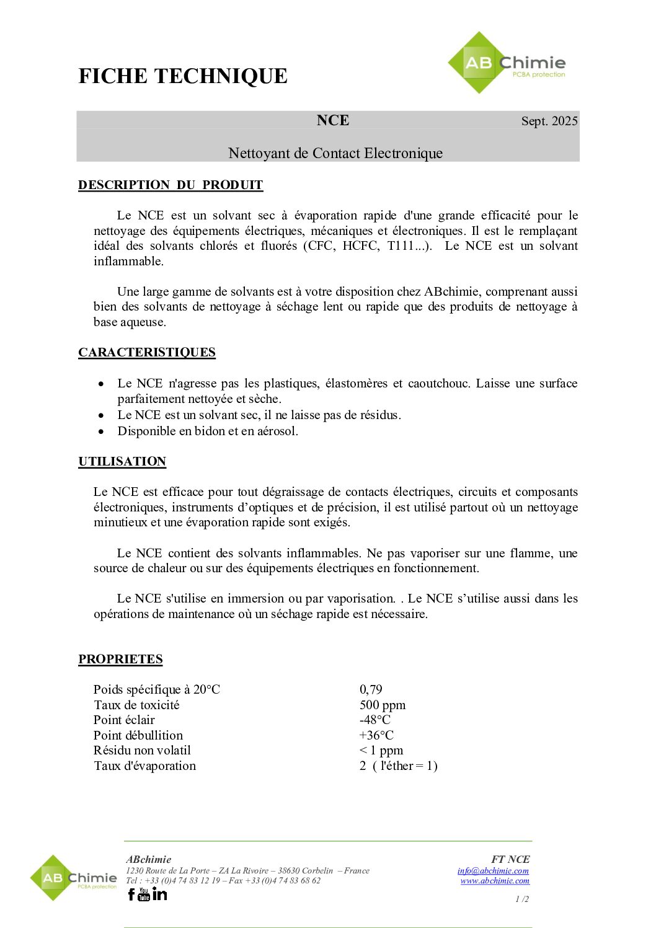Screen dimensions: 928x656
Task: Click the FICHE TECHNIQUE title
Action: pyautogui.click(x=183, y=76)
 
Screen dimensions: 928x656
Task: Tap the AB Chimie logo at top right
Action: pyautogui.click(x=507, y=63)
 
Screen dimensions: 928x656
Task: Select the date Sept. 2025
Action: pyautogui.click(x=549, y=121)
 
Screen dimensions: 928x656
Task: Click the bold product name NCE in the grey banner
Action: pyautogui.click(x=333, y=120)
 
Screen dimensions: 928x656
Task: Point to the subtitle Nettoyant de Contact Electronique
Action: pyautogui.click(x=335, y=153)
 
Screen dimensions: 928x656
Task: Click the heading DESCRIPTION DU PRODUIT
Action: pyautogui.click(x=171, y=185)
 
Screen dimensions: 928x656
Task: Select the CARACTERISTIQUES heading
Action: pyautogui.click(x=147, y=353)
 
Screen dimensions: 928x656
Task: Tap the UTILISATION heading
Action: pyautogui.click(x=122, y=462)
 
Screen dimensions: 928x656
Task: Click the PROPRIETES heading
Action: pyautogui.click(x=120, y=660)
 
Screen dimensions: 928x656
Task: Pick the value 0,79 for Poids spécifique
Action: pyautogui.click(x=371, y=689)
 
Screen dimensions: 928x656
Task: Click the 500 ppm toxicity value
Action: pyautogui.click(x=383, y=705)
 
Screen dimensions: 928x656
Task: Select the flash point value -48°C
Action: pyautogui.click(x=375, y=720)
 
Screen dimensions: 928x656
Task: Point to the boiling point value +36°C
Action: pyautogui.click(x=376, y=735)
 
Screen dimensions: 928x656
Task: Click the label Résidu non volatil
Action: pyautogui.click(x=142, y=750)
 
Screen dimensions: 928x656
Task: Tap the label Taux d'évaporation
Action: pyautogui.click(x=144, y=766)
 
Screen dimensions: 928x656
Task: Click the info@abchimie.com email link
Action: pyautogui.click(x=493, y=870)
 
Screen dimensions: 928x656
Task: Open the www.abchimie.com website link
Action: pyautogui.click(x=495, y=880)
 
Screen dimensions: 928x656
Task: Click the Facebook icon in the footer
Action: pyautogui.click(x=131, y=894)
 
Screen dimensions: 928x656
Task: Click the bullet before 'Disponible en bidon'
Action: pyautogui.click(x=101, y=431)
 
